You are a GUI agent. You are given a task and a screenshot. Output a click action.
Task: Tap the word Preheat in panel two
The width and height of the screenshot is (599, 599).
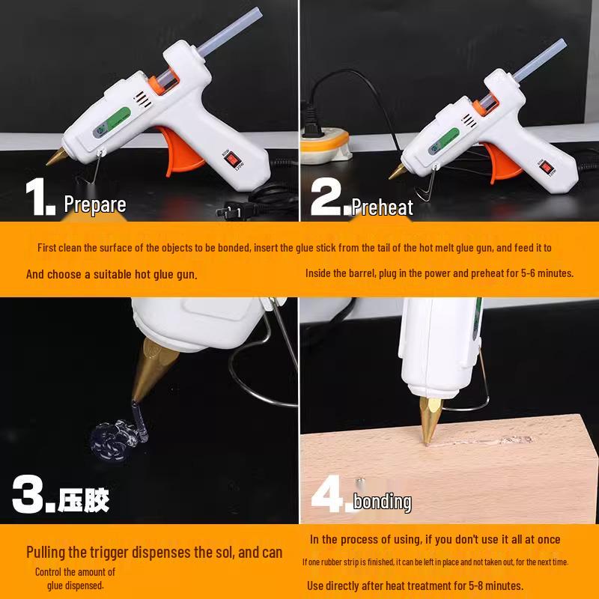382,207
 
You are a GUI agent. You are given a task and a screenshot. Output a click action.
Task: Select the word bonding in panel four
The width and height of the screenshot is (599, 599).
382,501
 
